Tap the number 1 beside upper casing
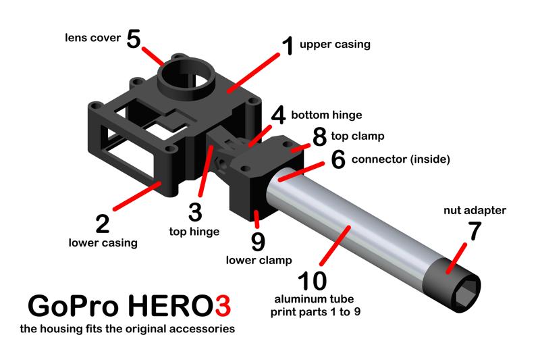coord(287,46)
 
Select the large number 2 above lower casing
coord(103,224)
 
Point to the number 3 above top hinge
coord(195,211)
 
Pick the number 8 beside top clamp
coord(319,136)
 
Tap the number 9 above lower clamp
coord(259,241)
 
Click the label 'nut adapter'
coord(475,211)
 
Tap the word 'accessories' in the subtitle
coord(202,330)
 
